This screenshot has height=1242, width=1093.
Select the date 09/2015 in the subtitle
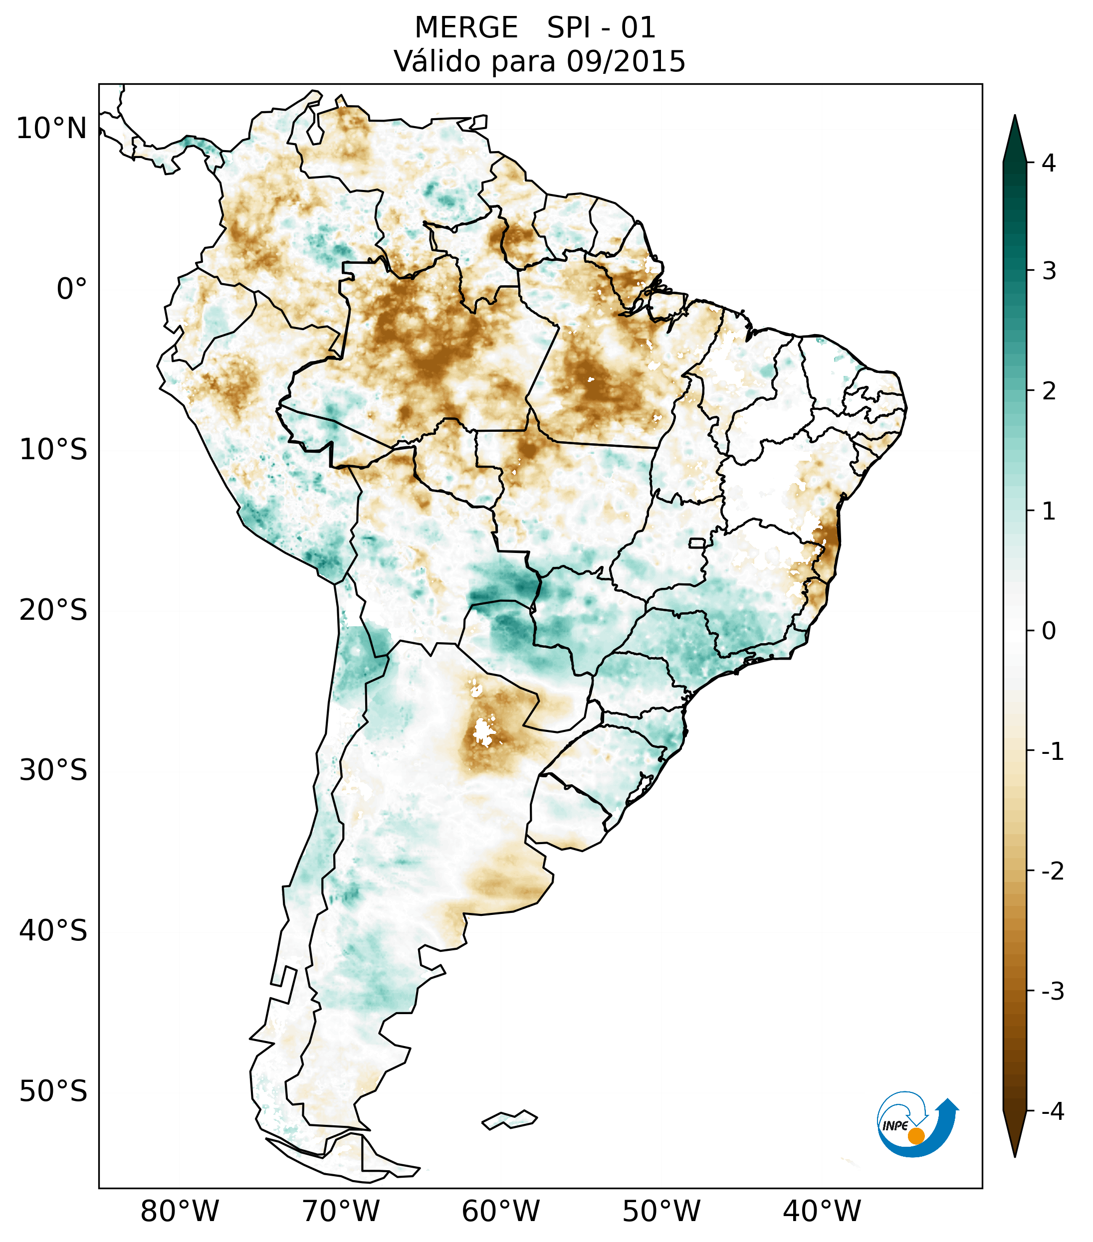(x=626, y=61)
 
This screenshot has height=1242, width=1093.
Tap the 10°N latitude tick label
(x=52, y=129)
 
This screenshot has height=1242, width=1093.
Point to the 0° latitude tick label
(x=72, y=289)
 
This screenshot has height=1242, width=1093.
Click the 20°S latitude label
(x=53, y=610)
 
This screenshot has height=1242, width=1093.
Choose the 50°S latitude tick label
(x=53, y=1092)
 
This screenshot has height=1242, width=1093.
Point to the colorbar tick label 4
(x=1049, y=163)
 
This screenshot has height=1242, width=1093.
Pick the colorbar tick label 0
(x=1049, y=631)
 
